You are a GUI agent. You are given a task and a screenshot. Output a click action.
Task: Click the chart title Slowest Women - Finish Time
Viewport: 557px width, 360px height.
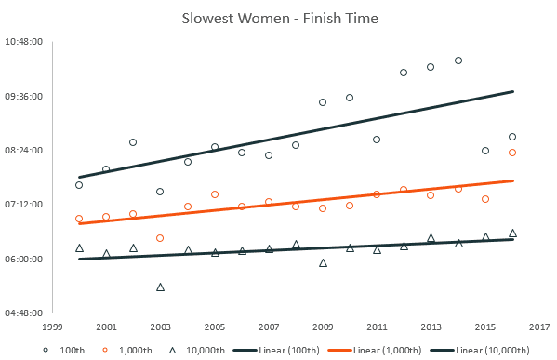click(278, 19)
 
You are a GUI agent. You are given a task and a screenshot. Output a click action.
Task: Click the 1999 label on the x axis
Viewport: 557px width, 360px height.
click(52, 327)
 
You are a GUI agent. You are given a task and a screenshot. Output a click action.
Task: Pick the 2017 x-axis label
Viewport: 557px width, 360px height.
click(539, 327)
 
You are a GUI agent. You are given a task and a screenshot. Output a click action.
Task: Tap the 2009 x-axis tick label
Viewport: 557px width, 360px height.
click(323, 327)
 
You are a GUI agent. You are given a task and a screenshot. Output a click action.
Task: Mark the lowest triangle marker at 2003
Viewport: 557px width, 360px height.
click(160, 287)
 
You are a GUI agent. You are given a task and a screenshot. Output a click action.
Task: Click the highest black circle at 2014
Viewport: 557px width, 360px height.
click(458, 60)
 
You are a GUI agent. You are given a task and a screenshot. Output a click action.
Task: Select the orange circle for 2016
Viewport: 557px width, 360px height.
click(512, 153)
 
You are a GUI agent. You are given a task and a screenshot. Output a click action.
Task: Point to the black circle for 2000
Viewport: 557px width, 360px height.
click(79, 185)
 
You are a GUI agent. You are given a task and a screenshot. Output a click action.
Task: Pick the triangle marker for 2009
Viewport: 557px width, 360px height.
click(323, 263)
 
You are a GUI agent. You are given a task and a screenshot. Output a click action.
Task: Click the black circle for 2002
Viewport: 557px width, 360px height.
click(133, 142)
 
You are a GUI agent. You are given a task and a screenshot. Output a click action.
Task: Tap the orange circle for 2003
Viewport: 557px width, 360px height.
click(160, 238)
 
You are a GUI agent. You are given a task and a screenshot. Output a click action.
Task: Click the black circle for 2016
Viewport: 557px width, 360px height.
click(512, 137)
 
